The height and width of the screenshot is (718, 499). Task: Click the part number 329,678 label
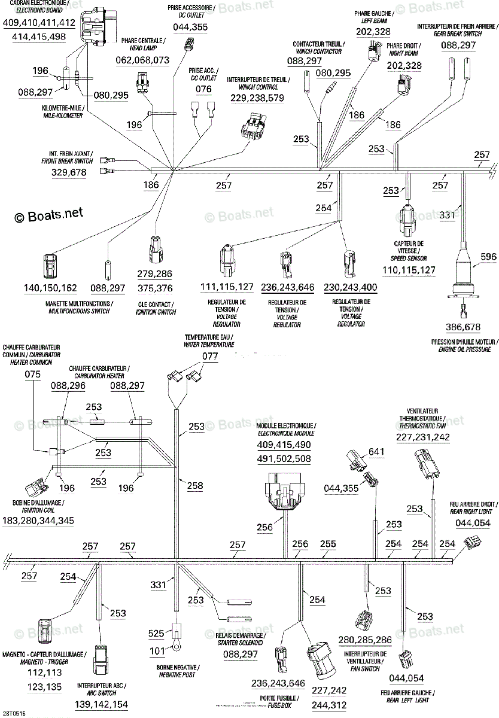tap(69, 172)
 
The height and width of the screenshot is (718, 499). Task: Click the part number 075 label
tap(33, 375)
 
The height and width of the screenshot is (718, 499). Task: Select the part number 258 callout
tap(195, 486)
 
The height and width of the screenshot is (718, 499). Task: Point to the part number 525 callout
tap(156, 632)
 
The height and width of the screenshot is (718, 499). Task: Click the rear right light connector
tap(472, 543)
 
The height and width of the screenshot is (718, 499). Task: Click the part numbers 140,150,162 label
tap(51, 288)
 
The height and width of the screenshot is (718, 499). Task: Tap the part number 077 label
tap(210, 357)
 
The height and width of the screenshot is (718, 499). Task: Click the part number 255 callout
tap(328, 544)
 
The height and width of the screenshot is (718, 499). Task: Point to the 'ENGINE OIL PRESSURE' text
tap(464, 349)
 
